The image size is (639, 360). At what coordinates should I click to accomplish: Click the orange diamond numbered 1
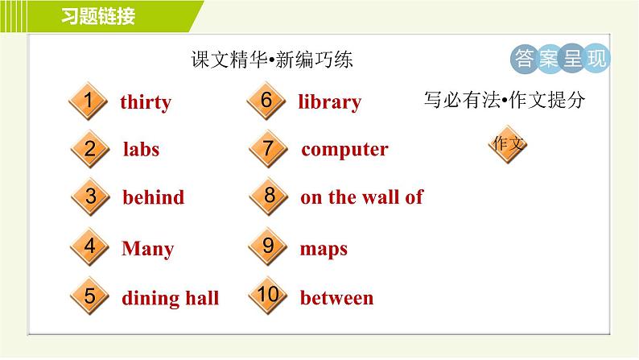click(x=89, y=102)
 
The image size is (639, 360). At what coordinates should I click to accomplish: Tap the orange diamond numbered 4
click(x=89, y=247)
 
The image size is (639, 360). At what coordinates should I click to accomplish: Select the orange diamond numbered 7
click(x=269, y=149)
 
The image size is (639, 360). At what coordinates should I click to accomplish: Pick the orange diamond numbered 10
click(x=269, y=296)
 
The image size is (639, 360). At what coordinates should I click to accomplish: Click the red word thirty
click(x=145, y=102)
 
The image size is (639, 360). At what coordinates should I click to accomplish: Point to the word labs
click(x=141, y=149)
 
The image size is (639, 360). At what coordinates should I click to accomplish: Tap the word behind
click(x=153, y=197)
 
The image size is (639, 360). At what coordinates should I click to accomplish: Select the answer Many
click(x=147, y=249)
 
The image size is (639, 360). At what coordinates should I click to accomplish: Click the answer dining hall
click(x=170, y=298)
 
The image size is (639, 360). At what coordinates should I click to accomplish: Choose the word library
click(x=329, y=102)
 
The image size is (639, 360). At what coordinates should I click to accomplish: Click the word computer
click(x=344, y=149)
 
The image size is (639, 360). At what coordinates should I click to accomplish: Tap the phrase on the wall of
click(x=361, y=197)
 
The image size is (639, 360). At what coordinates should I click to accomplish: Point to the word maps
click(x=324, y=249)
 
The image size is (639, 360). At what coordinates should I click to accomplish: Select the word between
click(x=336, y=298)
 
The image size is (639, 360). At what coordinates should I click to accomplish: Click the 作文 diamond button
click(x=508, y=144)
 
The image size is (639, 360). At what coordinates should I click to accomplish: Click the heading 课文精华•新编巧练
click(x=272, y=60)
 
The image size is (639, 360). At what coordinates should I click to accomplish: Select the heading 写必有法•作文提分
click(x=504, y=101)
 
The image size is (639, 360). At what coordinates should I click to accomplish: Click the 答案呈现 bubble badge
click(x=560, y=59)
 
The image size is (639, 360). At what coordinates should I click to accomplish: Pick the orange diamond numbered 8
click(x=269, y=196)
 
